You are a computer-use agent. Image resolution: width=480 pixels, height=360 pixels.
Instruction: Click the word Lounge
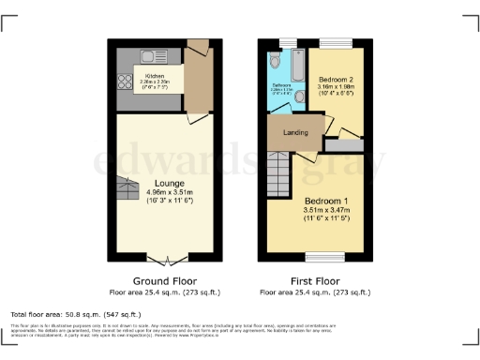click(x=170, y=183)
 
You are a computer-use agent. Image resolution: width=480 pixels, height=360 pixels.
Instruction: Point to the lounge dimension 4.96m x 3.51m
click(x=170, y=192)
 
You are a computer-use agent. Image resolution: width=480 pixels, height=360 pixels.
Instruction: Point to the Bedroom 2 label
click(x=333, y=81)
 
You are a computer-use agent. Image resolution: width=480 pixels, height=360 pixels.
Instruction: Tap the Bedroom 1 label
click(x=325, y=202)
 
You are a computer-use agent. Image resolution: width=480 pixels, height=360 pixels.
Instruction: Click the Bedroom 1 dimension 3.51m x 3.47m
click(x=325, y=211)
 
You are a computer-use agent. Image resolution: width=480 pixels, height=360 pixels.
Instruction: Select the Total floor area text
click(x=75, y=313)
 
